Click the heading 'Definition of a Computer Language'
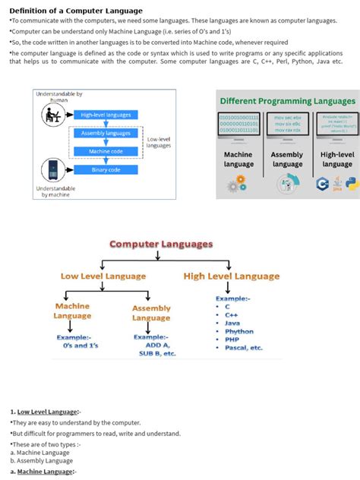click(x=75, y=11)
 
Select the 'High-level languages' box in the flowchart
click(x=106, y=115)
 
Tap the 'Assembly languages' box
click(x=106, y=132)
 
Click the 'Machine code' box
click(x=106, y=151)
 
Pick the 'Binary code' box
click(x=106, y=170)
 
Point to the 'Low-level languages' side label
click(x=159, y=142)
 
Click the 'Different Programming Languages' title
click(x=287, y=101)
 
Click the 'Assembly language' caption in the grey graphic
click(x=287, y=159)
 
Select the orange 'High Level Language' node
click(x=232, y=276)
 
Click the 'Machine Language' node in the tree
click(x=72, y=311)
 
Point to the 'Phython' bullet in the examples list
click(x=239, y=331)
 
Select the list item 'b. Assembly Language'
click(x=42, y=460)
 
